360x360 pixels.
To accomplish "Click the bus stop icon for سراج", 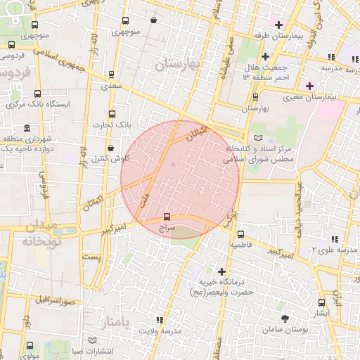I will click(167, 217).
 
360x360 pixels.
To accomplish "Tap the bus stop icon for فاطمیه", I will click(240, 234).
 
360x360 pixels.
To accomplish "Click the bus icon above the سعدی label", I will click(111, 74).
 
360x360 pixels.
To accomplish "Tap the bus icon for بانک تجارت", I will click(111, 114).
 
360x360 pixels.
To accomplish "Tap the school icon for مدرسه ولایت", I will click(160, 319).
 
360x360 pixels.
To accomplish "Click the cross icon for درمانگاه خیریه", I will click(221, 271).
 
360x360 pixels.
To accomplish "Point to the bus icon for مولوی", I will click(30, 346).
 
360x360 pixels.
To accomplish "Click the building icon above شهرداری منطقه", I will click(27, 128).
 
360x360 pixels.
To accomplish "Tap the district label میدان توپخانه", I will click(37, 233).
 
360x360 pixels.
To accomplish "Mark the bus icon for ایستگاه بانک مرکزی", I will click(37, 94).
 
